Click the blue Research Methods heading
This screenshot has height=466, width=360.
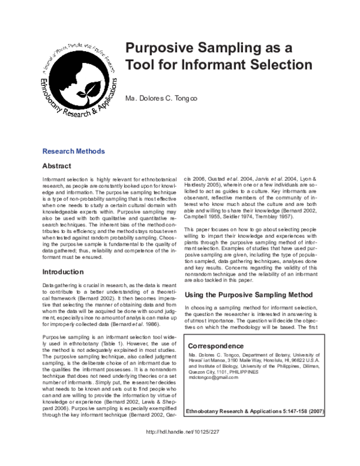(74, 151)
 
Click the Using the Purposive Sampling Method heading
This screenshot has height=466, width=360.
(248, 295)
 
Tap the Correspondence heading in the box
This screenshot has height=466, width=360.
(216, 346)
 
